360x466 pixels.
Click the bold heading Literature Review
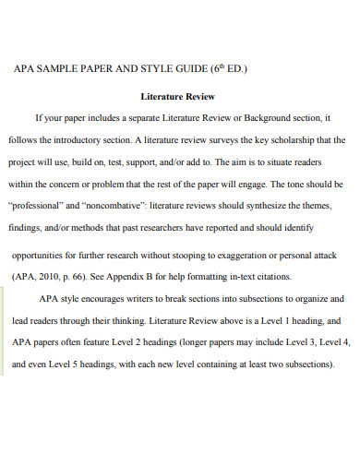pyautogui.click(x=177, y=95)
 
